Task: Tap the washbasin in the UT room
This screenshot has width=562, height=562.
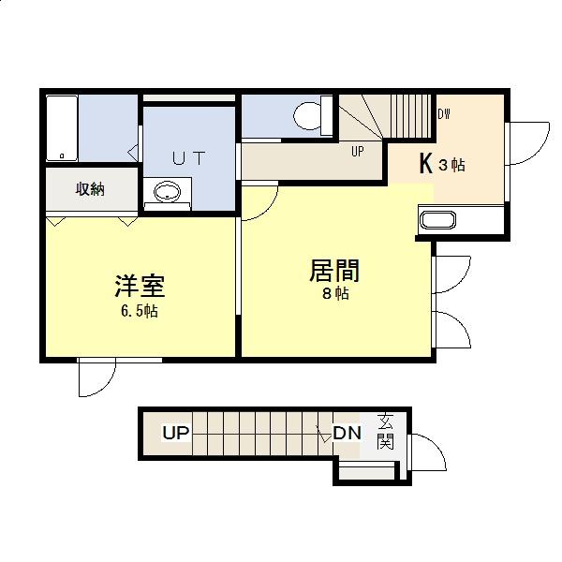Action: [x=167, y=194]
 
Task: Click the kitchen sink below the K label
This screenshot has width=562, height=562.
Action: [x=437, y=221]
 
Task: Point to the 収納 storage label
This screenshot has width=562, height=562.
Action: [x=90, y=189]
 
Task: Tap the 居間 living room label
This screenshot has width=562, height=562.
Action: [x=334, y=271]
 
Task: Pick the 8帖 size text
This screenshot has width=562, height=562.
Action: [x=335, y=294]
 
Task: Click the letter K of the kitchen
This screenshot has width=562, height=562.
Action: [x=425, y=164]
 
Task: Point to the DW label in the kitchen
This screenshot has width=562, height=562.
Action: [x=444, y=115]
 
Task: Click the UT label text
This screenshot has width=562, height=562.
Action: [x=188, y=157]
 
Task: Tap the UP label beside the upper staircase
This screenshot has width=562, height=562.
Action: [x=358, y=151]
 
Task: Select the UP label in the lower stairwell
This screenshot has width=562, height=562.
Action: [x=176, y=433]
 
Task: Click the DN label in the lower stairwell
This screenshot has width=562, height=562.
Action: [x=348, y=433]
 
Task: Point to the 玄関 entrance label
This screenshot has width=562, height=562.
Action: [x=386, y=433]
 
